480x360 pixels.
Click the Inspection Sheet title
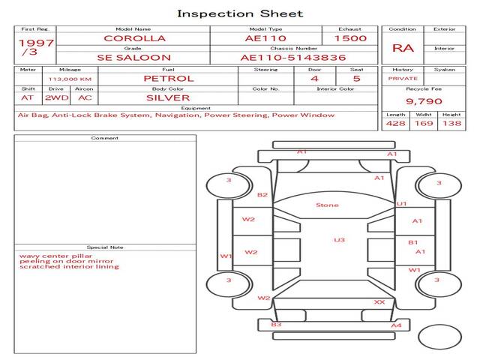(x=240, y=13)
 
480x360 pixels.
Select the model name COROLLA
(x=135, y=38)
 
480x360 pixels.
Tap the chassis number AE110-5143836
(x=282, y=57)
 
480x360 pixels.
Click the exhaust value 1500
(x=350, y=38)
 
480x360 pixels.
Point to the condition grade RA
(x=403, y=48)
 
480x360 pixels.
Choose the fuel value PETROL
(x=169, y=78)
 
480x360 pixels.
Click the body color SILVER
(x=168, y=97)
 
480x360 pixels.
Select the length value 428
(x=395, y=123)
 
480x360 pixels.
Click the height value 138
(x=451, y=123)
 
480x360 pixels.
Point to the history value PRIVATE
(x=403, y=78)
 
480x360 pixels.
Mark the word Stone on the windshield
(x=327, y=205)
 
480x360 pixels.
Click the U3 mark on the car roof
(x=339, y=240)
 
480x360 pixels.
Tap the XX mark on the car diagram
(x=379, y=301)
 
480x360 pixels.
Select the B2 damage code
(x=262, y=195)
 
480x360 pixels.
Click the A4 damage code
(x=397, y=325)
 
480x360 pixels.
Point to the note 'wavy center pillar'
(x=49, y=255)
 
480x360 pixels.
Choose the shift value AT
(x=27, y=97)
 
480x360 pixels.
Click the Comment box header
(x=105, y=138)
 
